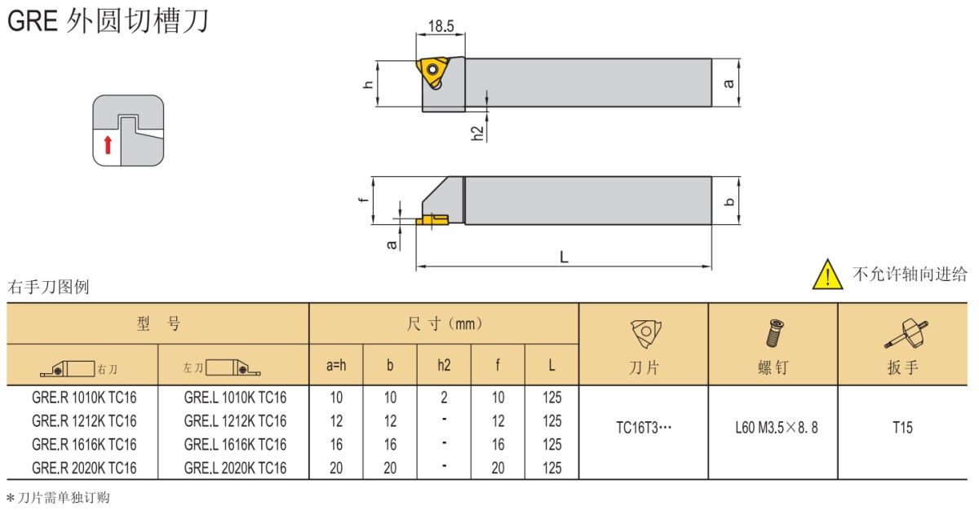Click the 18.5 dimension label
pyautogui.click(x=441, y=26)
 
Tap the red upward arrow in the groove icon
pyautogui.click(x=108, y=145)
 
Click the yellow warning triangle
pyautogui.click(x=827, y=275)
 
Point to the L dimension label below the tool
pyautogui.click(x=564, y=257)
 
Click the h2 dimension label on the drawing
pyautogui.click(x=478, y=133)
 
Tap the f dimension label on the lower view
pyautogui.click(x=363, y=200)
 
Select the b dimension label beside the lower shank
pyautogui.click(x=729, y=201)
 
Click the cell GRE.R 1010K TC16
pyautogui.click(x=84, y=398)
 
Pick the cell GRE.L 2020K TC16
pyautogui.click(x=235, y=468)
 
